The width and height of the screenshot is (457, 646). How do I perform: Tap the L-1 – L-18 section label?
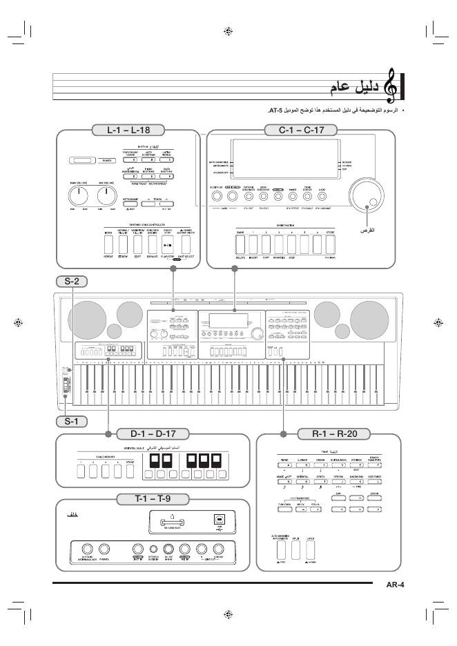pos(130,128)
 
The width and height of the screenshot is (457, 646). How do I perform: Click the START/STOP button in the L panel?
pos(166,243)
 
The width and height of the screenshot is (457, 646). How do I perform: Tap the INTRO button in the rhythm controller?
pos(108,243)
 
